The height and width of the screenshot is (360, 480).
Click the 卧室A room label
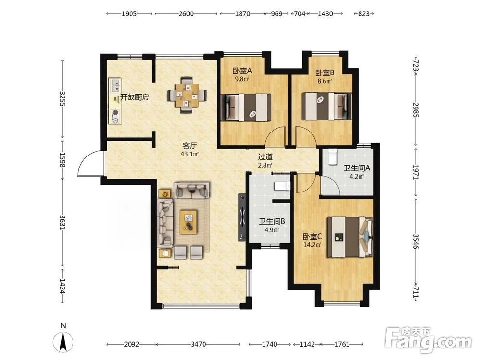[242, 71]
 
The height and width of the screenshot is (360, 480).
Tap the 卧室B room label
[325, 73]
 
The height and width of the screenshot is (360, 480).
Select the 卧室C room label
[312, 237]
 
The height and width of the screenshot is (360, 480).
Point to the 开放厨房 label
[135, 97]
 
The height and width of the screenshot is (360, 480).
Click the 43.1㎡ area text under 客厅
[190, 154]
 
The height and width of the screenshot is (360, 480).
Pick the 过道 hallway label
[265, 157]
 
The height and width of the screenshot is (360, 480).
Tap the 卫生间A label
[357, 168]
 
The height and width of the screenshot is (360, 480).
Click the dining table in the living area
[187, 95]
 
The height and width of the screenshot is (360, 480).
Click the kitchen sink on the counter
[116, 85]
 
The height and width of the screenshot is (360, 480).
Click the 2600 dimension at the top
[186, 14]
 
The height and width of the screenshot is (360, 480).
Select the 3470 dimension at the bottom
[198, 344]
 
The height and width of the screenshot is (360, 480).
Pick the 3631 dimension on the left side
[62, 223]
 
